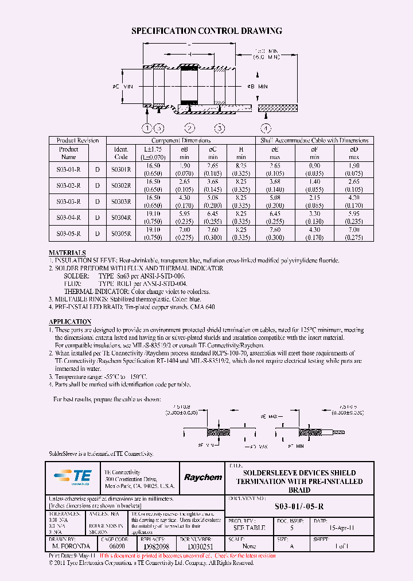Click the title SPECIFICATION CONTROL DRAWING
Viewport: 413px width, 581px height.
click(206, 31)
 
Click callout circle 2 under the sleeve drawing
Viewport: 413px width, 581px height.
click(189, 128)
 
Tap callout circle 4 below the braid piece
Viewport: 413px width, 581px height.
click(265, 128)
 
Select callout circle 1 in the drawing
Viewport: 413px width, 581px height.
click(147, 128)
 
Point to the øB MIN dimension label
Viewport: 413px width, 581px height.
click(257, 86)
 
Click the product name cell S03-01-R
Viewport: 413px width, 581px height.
click(69, 170)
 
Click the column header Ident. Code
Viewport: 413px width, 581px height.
click(120, 153)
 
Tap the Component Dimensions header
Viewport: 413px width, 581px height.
click(181, 141)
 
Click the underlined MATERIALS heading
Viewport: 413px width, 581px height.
click(67, 253)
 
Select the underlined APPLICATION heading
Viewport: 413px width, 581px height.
click(70, 322)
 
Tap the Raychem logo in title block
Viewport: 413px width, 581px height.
click(202, 477)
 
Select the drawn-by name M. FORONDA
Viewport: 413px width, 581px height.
click(68, 547)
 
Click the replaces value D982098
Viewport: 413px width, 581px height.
click(155, 547)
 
